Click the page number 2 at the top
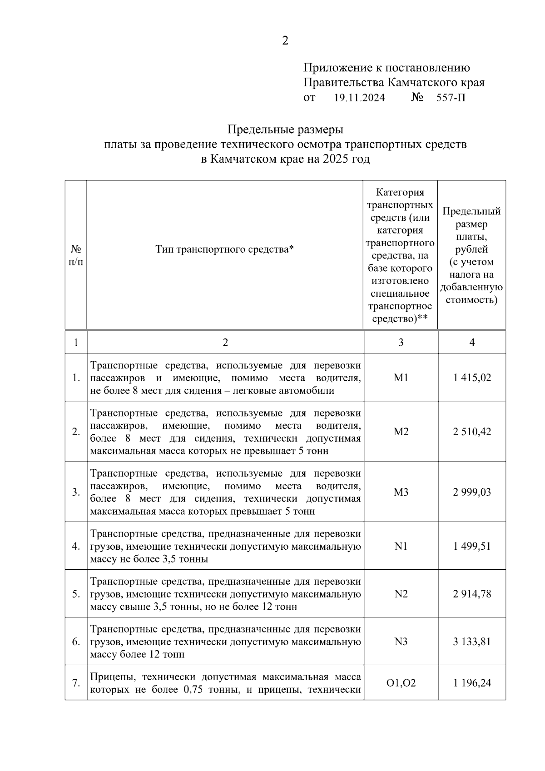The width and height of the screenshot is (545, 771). pos(285,41)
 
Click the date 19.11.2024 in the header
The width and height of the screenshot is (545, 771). pos(359,98)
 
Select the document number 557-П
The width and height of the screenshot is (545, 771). pos(451,98)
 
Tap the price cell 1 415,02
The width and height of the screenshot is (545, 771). pos(472,378)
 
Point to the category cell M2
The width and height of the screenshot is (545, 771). pos(401,432)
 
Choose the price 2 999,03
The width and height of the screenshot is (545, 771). pos(472,492)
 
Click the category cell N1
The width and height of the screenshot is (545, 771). pos(401,546)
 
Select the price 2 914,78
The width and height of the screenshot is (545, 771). pos(472,594)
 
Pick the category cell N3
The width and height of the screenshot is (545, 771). pos(401,642)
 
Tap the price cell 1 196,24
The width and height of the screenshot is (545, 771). pos(472,683)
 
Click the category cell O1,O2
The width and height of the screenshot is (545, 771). pos(401,683)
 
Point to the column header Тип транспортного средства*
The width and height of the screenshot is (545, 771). pos(225,249)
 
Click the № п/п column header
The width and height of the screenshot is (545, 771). pos(76,255)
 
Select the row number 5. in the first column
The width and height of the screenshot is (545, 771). pos(76,594)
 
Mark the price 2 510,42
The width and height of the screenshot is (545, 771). pos(472,432)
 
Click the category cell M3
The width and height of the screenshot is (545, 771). pos(401,492)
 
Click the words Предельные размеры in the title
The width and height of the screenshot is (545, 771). pos(285,130)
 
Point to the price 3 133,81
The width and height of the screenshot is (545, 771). pos(472,642)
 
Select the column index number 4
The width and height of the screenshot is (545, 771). pos(472,343)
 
